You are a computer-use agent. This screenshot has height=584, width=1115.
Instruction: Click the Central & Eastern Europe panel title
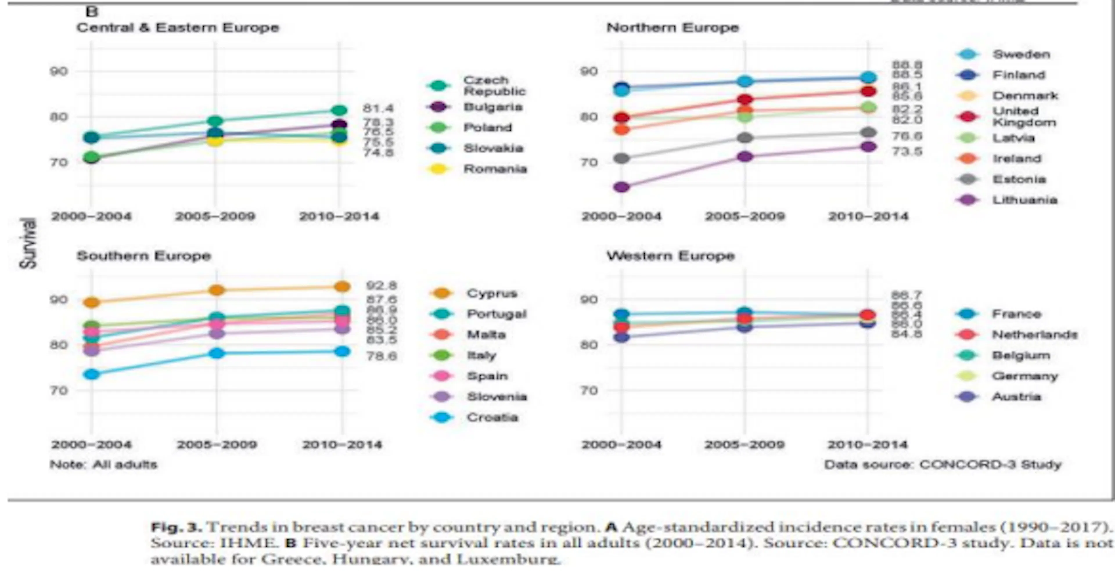177,28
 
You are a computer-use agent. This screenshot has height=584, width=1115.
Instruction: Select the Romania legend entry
495,169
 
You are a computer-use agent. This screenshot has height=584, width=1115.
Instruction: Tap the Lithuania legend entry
1024,200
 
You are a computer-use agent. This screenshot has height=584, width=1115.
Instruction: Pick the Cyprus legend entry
492,293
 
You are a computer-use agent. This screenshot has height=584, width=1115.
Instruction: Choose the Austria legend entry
1016,397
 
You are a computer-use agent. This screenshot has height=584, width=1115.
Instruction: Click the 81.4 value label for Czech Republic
378,108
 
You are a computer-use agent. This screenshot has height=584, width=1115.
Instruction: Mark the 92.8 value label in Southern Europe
381,286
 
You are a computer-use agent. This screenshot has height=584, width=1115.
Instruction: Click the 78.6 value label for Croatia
381,356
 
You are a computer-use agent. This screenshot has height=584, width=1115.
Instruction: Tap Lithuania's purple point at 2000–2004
622,187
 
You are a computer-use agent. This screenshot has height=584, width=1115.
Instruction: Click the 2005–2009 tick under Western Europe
744,444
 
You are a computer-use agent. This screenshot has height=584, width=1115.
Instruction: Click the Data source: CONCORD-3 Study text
942,465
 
